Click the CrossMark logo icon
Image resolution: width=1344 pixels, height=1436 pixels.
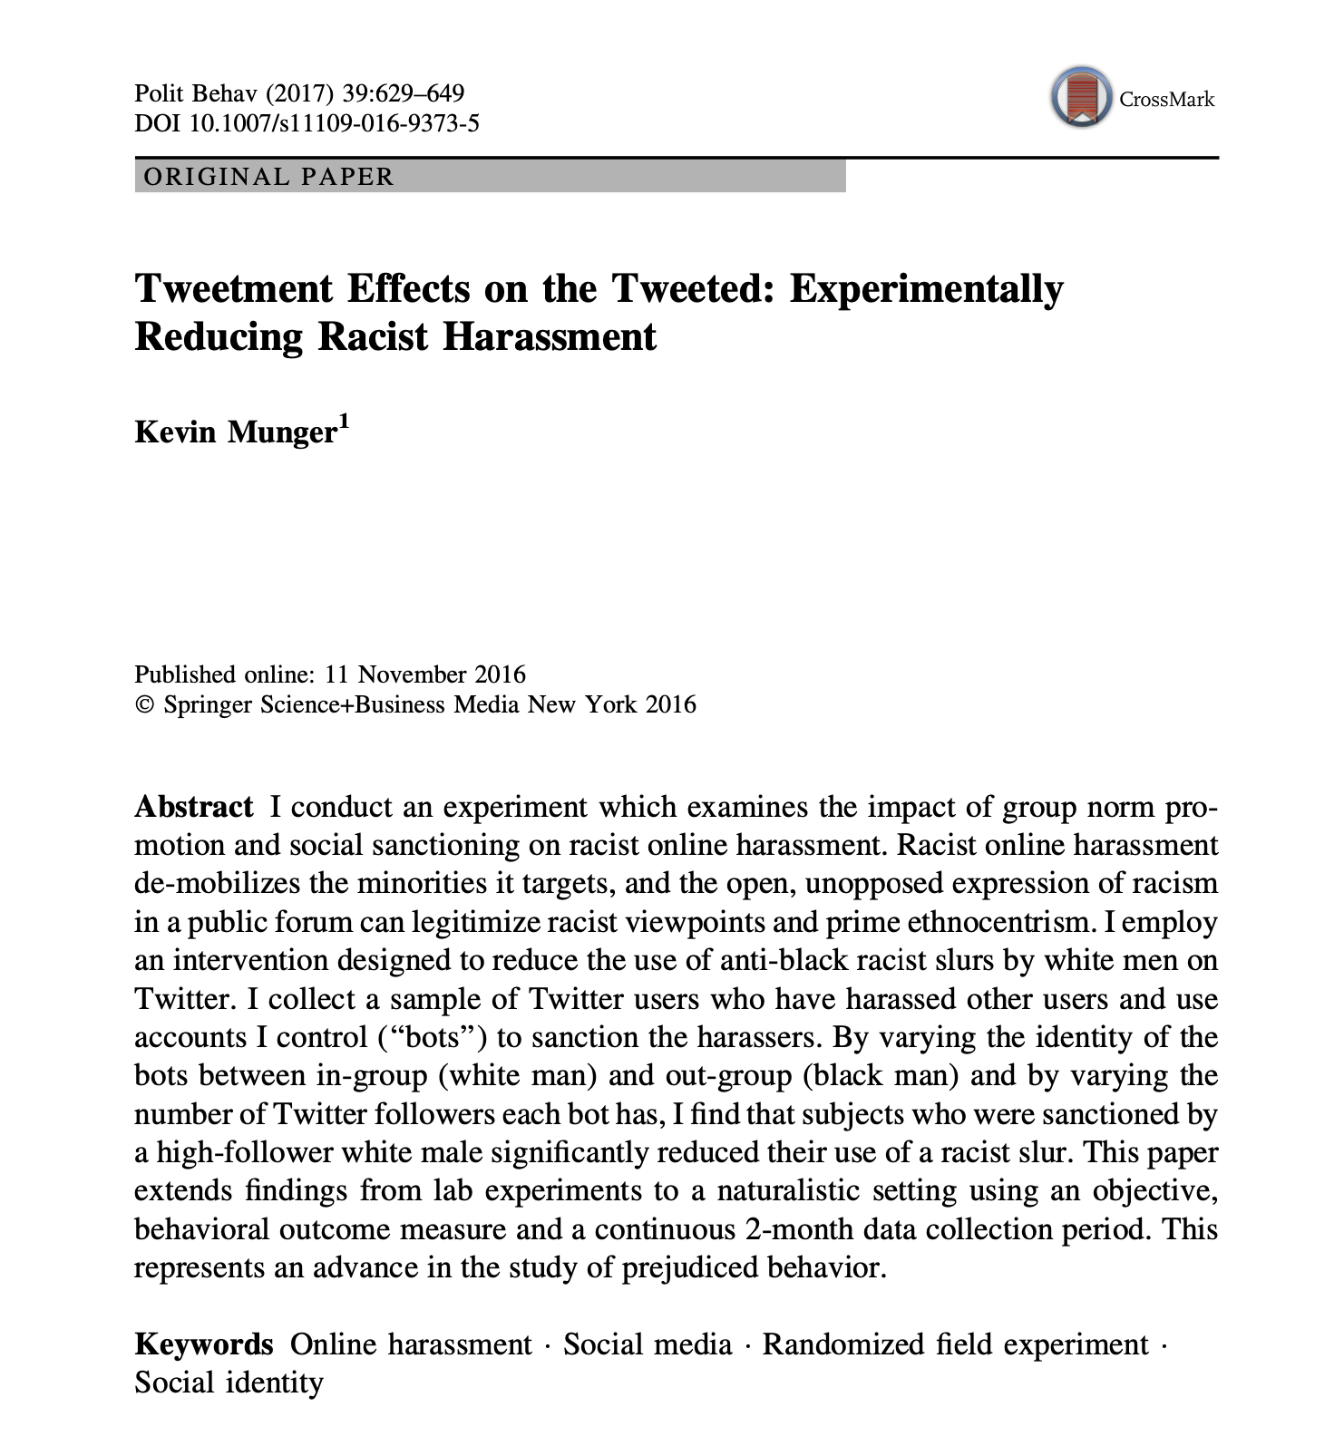[x=1081, y=97]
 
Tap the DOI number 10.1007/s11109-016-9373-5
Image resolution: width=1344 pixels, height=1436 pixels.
[x=334, y=122]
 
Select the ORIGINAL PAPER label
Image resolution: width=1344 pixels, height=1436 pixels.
[x=269, y=176]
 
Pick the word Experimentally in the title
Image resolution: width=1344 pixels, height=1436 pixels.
[x=926, y=289]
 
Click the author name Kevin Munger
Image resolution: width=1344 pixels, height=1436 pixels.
[x=236, y=432]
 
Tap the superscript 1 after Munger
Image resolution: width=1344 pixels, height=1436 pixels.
[x=343, y=420]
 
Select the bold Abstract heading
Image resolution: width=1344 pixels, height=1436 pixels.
[x=194, y=807]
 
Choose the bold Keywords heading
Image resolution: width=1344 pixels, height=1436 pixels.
[x=204, y=1344]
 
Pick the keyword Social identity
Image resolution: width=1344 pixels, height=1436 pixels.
[x=229, y=1383]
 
